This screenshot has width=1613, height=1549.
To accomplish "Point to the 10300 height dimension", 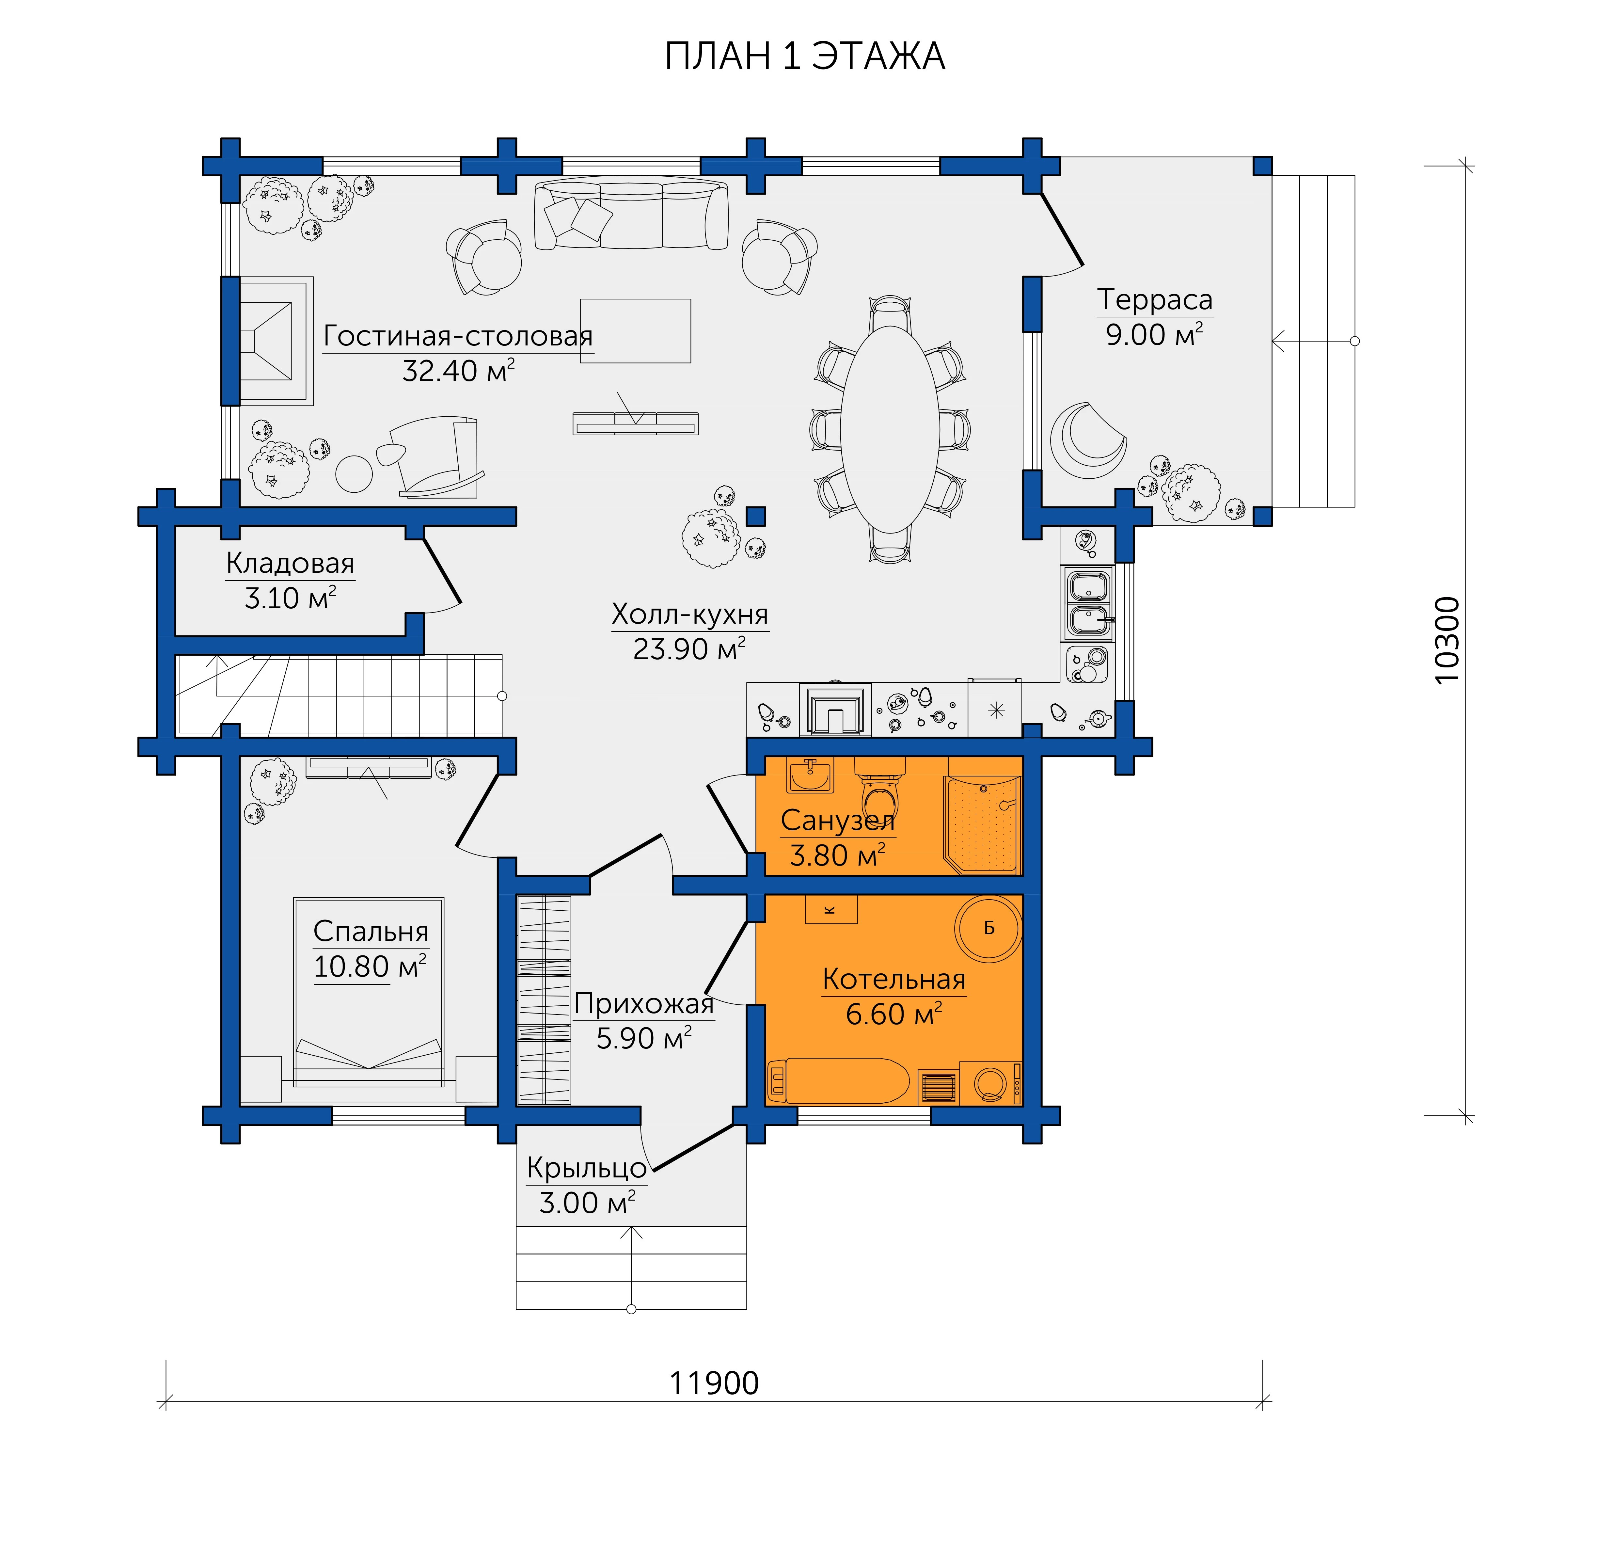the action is click(1446, 640).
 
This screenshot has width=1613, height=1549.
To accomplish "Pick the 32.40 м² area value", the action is click(458, 370).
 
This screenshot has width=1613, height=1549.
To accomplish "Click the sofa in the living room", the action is click(631, 215).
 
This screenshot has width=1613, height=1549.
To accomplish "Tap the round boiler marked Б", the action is click(988, 928).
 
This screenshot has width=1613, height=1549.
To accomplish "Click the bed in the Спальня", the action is click(369, 992).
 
